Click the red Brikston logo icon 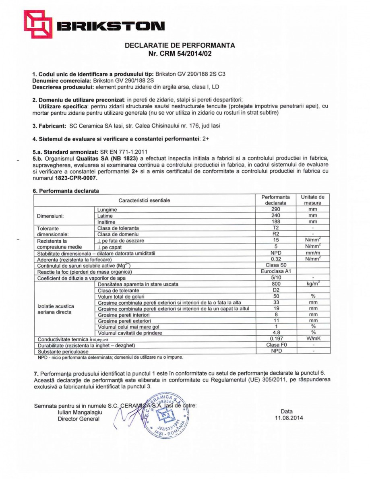click(x=38, y=24)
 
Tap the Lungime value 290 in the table click(x=275, y=210)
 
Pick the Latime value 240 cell click(x=275, y=216)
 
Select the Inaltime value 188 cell click(x=275, y=222)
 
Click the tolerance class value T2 click(x=275, y=228)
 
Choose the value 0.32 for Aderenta click(x=275, y=259)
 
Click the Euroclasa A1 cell click(x=275, y=271)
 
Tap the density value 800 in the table click(x=275, y=284)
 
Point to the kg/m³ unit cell click(x=312, y=284)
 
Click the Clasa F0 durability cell click(x=275, y=345)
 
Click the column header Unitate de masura click(x=312, y=200)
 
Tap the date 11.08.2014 click(x=287, y=418)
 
